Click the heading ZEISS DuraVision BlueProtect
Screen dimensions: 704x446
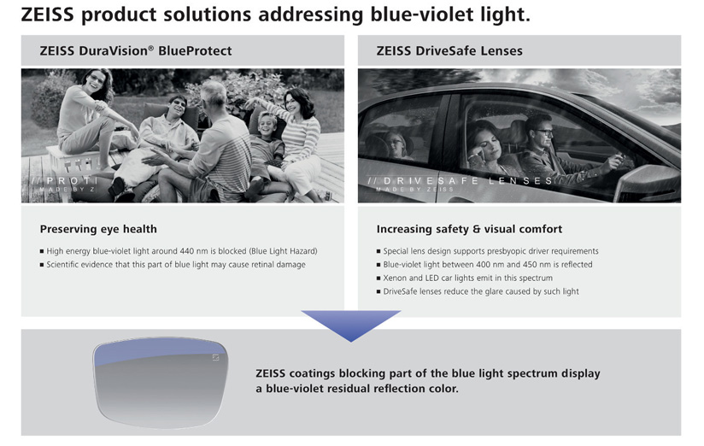pyautogui.click(x=136, y=50)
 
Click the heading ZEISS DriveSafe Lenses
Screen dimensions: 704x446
pyautogui.click(x=449, y=50)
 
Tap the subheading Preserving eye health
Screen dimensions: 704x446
pyautogui.click(x=98, y=229)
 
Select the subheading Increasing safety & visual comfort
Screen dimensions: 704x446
pyautogui.click(x=469, y=229)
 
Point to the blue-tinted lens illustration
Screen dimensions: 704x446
pyautogui.click(x=161, y=382)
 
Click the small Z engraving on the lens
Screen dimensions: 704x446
pyautogui.click(x=215, y=357)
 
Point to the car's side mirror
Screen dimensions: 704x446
pyautogui.click(x=648, y=183)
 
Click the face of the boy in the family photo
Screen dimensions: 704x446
pyautogui.click(x=267, y=125)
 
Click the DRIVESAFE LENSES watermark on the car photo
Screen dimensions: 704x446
pyautogui.click(x=461, y=181)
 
